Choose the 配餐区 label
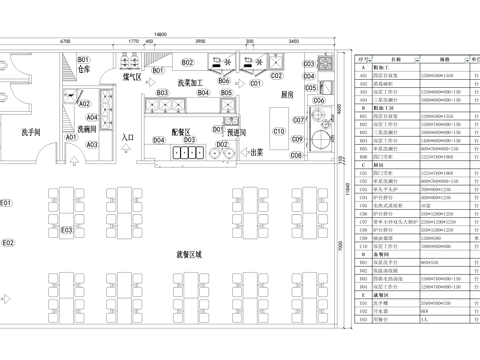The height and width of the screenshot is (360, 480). [181, 131]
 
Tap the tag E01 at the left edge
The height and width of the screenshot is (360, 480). [6, 203]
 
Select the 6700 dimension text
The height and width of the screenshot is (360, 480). [65, 41]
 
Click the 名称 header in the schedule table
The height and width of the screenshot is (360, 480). [395, 59]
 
